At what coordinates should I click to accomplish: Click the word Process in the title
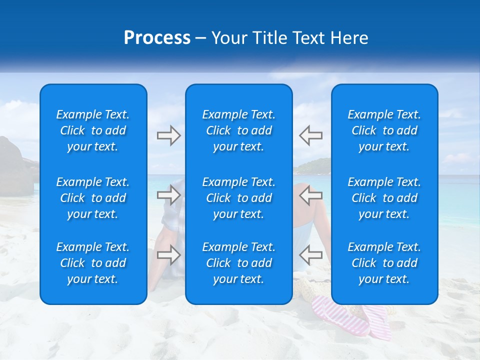(157, 38)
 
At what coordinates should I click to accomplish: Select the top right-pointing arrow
(168, 135)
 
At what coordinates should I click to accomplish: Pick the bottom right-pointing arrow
(168, 255)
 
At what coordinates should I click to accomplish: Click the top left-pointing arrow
(310, 135)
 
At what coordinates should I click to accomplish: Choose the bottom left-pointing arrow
(310, 255)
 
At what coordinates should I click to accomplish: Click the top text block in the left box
(93, 130)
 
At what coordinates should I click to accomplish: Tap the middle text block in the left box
(93, 198)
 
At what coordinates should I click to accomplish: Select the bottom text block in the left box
(93, 263)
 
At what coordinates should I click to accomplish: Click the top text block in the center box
(239, 130)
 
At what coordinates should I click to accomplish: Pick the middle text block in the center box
(239, 198)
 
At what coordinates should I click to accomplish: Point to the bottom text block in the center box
(239, 263)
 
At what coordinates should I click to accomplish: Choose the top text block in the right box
(384, 130)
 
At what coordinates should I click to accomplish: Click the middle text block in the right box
(384, 198)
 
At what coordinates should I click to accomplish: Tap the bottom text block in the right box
(384, 263)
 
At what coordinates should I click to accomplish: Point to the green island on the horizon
(315, 164)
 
